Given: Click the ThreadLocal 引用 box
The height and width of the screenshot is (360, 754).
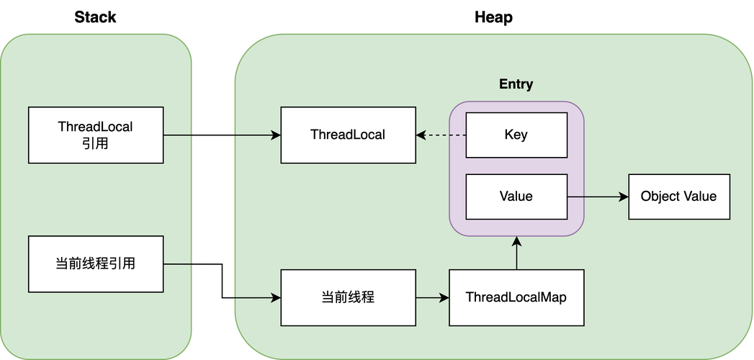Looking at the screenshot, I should click(x=96, y=135).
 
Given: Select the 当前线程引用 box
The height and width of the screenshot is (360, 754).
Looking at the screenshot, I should click(x=96, y=264).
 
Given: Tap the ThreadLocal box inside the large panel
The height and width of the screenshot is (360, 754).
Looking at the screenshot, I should click(x=348, y=135).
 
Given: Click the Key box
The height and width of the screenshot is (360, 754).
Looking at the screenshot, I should click(x=516, y=135).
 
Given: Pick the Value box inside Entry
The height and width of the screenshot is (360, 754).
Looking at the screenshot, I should click(x=516, y=196).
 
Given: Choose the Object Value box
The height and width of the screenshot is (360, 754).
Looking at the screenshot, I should click(x=678, y=196).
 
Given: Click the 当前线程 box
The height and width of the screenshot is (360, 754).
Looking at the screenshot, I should click(x=348, y=297).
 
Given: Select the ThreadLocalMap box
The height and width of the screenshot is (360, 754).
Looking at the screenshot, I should click(x=516, y=297).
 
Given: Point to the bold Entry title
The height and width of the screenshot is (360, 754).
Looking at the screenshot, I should click(x=516, y=84).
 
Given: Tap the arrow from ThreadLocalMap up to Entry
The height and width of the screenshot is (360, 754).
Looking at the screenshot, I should click(x=516, y=253).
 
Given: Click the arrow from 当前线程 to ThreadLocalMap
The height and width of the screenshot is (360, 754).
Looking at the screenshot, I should click(x=432, y=297).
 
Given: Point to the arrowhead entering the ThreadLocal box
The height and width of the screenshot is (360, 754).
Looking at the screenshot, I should click(x=275, y=135).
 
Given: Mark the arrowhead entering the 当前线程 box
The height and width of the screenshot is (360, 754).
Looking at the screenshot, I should click(x=275, y=297).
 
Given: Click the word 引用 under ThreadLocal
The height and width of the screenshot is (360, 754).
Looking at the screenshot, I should click(x=96, y=143).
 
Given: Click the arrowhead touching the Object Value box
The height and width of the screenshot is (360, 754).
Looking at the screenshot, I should click(x=624, y=196).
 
